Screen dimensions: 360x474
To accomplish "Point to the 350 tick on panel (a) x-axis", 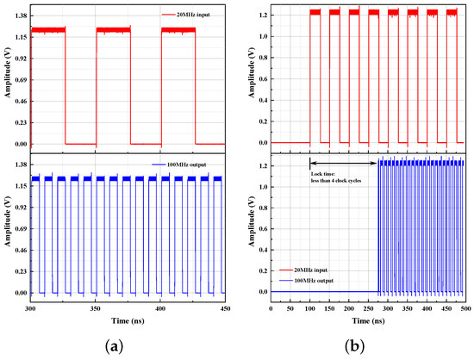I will point(95,308).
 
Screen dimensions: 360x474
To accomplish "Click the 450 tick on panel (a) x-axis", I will point(224,308).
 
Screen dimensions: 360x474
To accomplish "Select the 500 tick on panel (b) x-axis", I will point(465,308).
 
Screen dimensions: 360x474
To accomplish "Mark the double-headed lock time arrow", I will point(344,162).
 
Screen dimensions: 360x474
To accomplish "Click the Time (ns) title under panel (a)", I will point(128,320).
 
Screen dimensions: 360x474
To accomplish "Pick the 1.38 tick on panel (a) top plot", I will point(21,16).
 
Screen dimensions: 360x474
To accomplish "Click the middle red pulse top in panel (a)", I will point(113,29).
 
